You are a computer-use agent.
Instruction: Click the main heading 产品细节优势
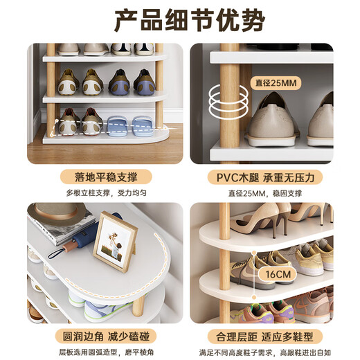[179, 20]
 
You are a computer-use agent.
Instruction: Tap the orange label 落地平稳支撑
[105, 177]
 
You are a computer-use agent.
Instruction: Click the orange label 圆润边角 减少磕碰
[105, 337]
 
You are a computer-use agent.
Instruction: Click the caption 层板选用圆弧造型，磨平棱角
[105, 352]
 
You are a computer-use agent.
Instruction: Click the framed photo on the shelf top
[116, 242]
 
